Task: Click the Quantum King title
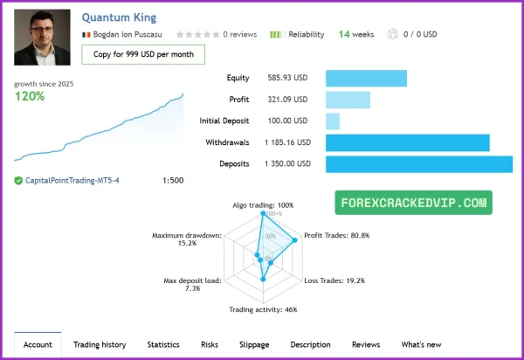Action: point(117,17)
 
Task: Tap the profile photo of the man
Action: point(42,38)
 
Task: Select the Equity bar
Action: point(366,78)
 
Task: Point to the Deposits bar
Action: point(418,163)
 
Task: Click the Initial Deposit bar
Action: point(333,121)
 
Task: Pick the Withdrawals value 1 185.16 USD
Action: point(286,142)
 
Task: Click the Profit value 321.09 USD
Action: point(288,100)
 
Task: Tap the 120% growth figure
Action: point(30,96)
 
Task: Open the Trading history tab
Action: point(100,345)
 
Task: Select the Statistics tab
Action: point(163,345)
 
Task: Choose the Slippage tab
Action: point(254,345)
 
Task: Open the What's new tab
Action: point(421,345)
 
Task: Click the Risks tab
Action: point(210,345)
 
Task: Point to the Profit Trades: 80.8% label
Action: point(336,236)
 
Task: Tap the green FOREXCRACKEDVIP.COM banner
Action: point(414,203)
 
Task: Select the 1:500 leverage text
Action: point(173,181)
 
